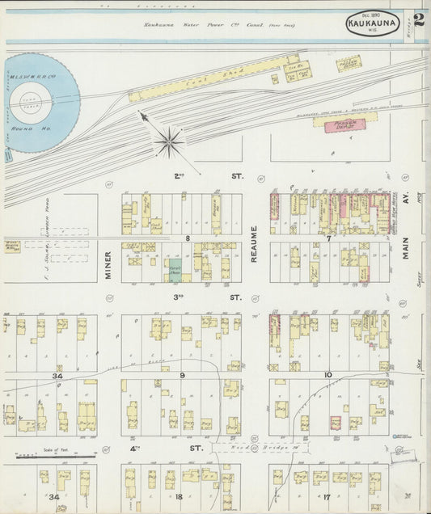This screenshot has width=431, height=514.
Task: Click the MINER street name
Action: [108, 264]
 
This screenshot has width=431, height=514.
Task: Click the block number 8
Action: [187, 238]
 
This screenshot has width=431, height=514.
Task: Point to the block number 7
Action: [330, 238]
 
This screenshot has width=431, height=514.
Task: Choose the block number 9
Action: [182, 375]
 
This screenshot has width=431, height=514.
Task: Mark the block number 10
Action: [328, 375]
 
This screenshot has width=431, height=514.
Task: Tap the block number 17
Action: [327, 497]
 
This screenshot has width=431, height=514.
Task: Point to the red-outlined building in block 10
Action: [336, 422]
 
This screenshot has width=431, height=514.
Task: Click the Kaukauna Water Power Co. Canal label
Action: [218, 25]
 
